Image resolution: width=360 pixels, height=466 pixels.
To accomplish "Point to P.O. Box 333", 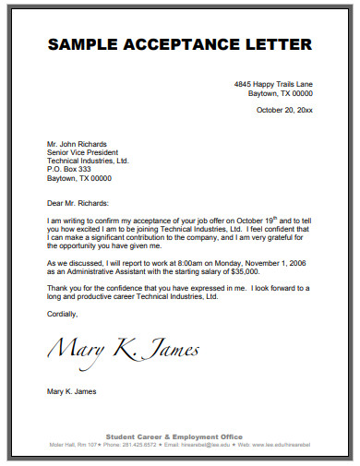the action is click(69, 169).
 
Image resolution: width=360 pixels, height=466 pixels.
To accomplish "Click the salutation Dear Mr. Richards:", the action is click(78, 202).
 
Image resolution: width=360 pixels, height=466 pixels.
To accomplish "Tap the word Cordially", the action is click(63, 314).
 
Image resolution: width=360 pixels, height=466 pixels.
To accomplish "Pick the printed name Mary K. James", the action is click(71, 391).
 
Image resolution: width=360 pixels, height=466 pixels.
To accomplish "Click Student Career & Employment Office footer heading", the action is click(174, 436).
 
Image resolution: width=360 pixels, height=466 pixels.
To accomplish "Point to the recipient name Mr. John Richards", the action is click(77, 144).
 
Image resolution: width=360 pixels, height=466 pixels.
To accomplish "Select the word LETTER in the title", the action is click(276, 44).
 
